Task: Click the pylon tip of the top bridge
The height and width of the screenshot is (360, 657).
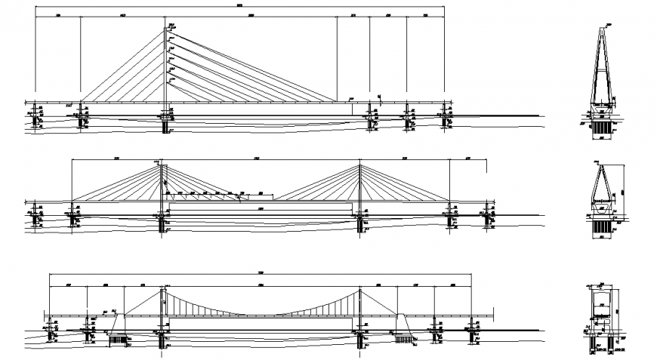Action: point(165,29)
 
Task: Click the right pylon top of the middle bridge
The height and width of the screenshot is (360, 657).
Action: point(360,165)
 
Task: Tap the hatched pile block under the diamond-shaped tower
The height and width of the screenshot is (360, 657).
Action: point(603,226)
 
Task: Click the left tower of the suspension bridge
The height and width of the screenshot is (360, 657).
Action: point(162,309)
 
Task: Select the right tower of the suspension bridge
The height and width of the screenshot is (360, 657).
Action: point(360,309)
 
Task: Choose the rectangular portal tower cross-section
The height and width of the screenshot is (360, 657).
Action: point(602,309)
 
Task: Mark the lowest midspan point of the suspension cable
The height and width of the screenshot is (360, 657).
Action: point(261,315)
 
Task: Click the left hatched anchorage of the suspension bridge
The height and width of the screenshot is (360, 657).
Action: point(116,339)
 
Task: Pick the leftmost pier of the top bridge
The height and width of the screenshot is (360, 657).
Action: point(34,113)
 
